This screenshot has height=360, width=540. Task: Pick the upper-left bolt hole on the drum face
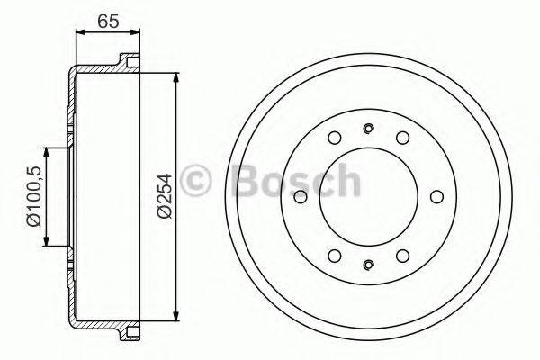[334, 138]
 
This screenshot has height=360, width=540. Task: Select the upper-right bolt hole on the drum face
[401, 138]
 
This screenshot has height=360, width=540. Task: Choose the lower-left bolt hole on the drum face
[334, 255]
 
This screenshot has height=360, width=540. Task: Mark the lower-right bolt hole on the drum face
[401, 255]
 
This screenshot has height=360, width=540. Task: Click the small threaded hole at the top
[367, 128]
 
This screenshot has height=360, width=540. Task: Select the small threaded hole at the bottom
[367, 264]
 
